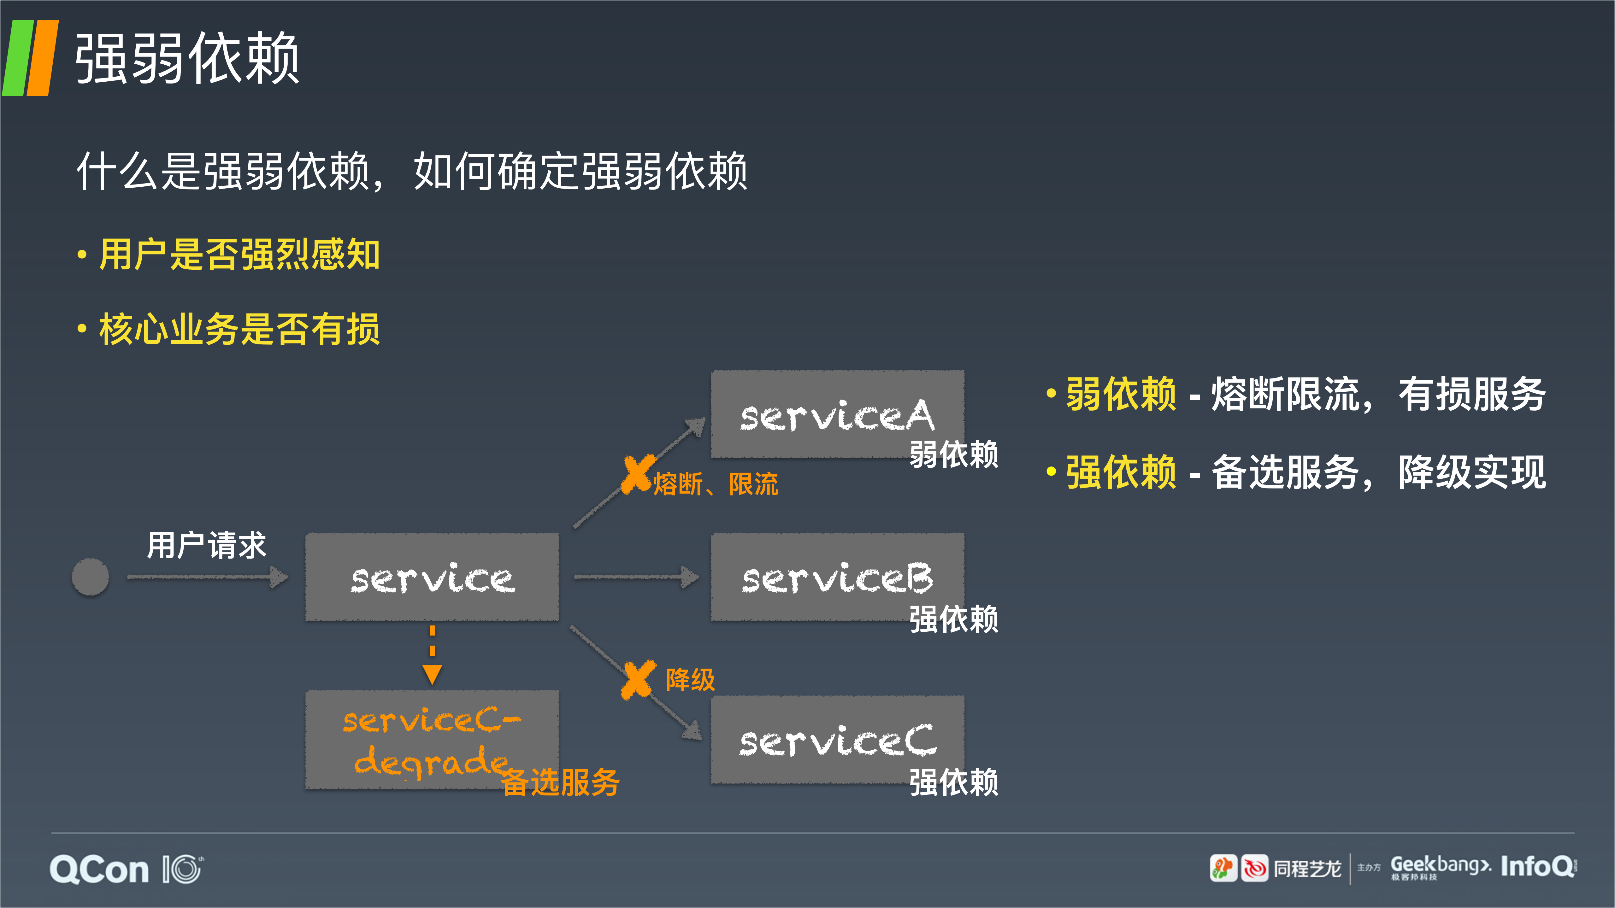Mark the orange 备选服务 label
560,782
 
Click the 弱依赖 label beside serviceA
954,454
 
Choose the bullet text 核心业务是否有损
239,329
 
